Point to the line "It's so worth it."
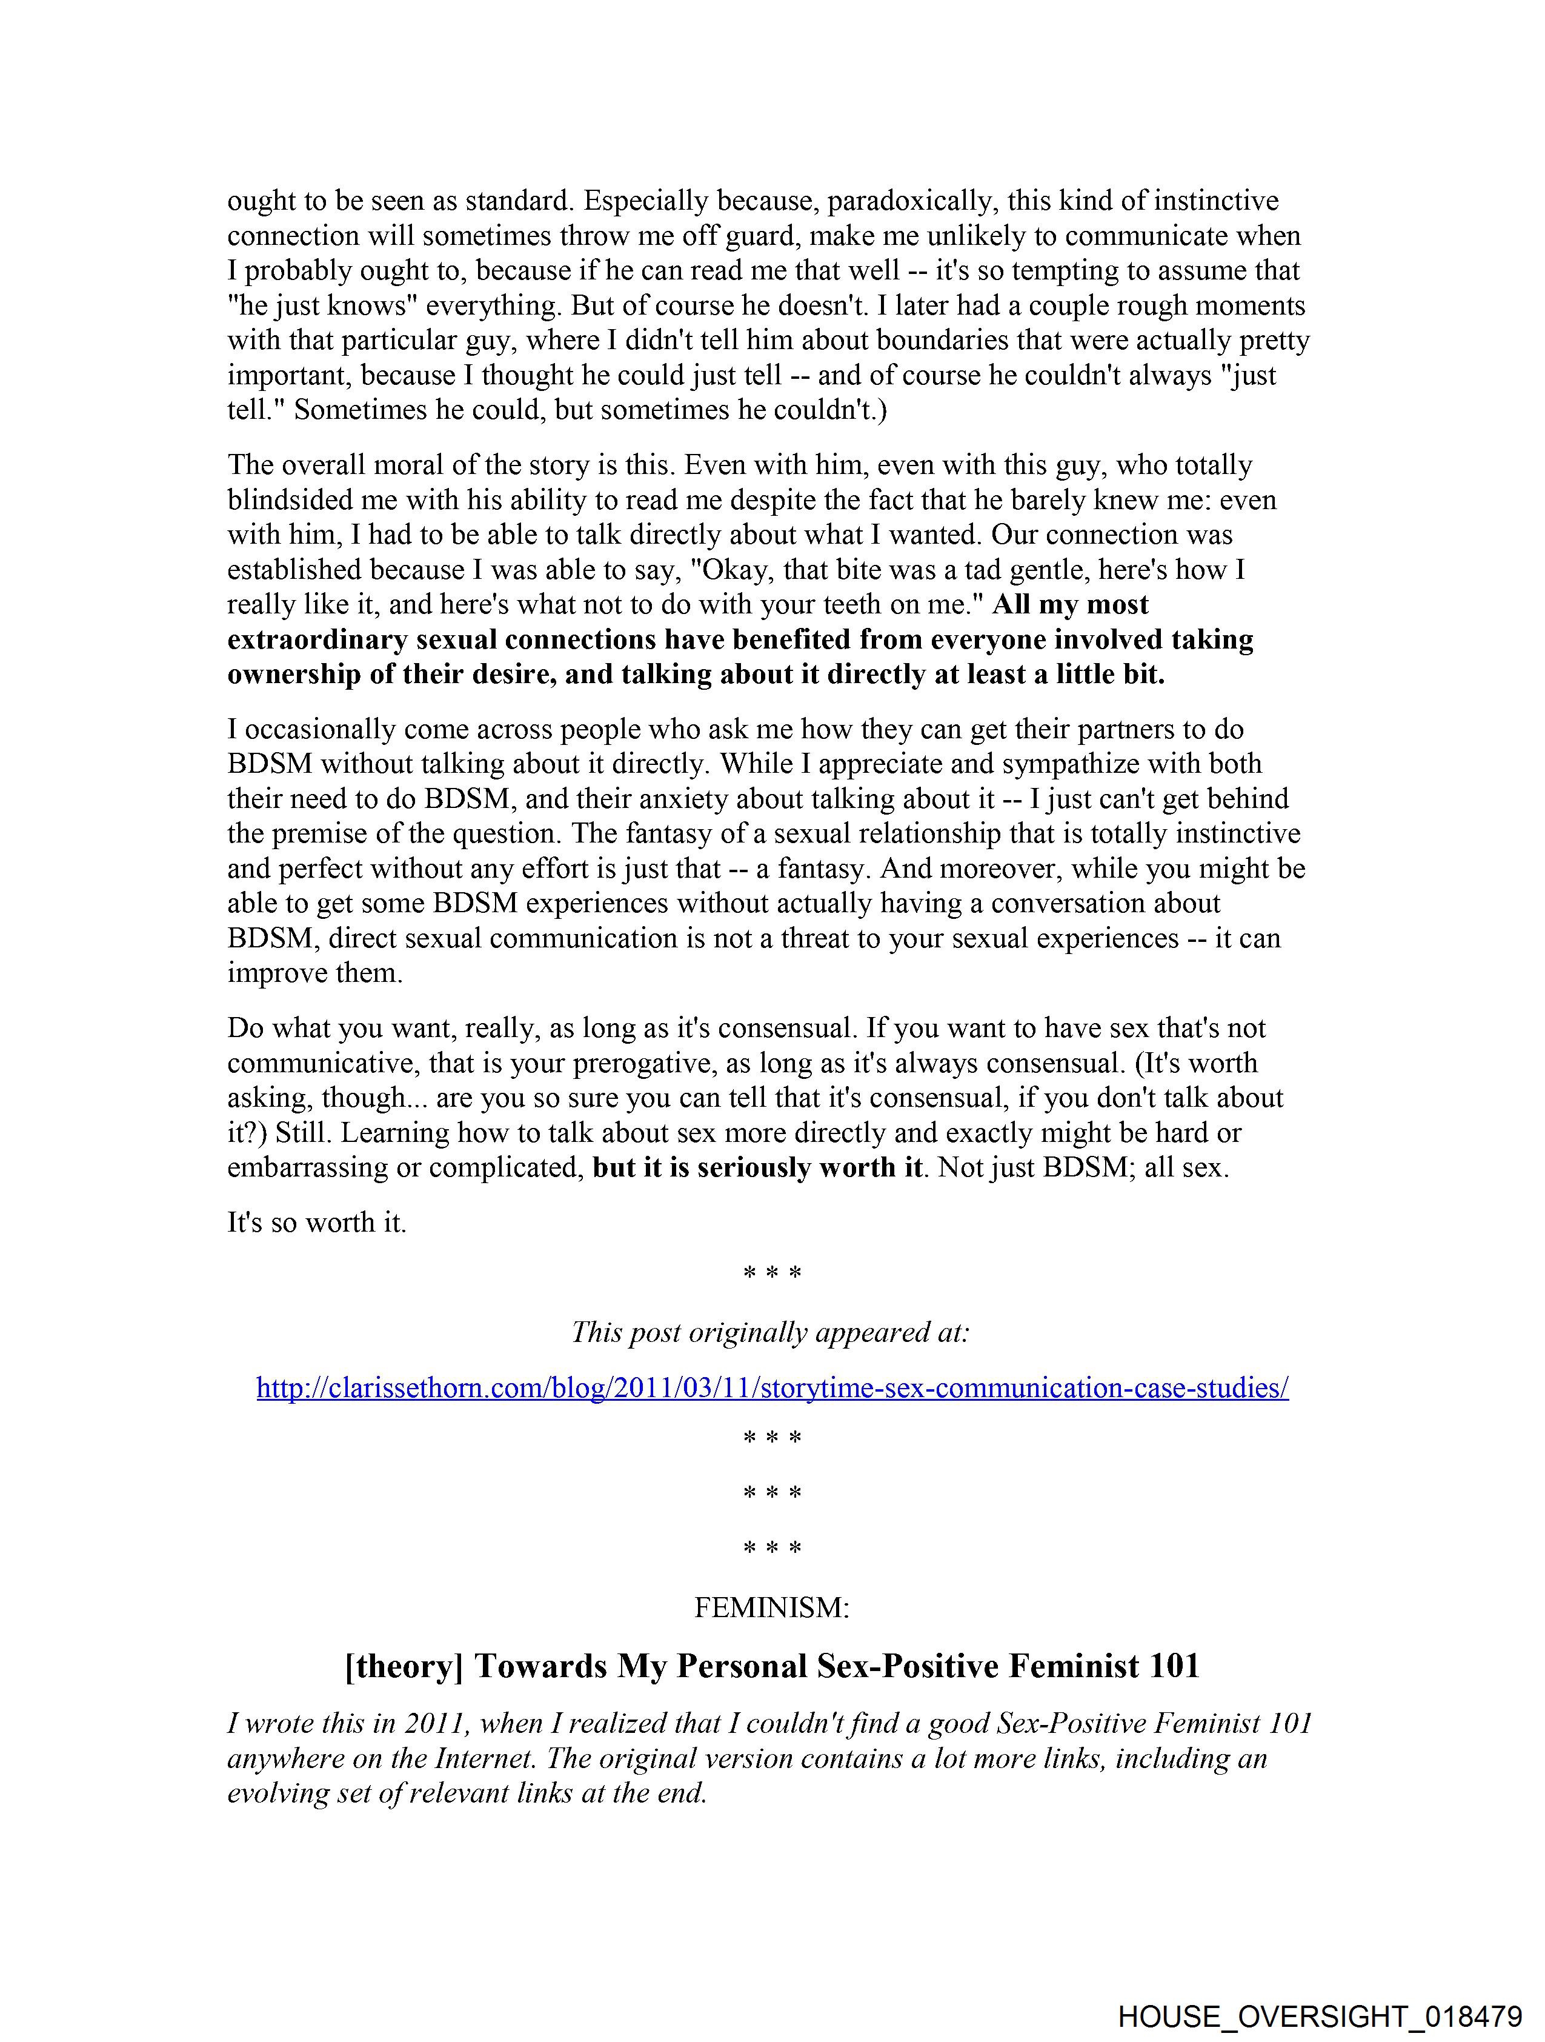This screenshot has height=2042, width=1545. coord(316,1223)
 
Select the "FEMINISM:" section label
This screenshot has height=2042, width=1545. coord(771,1608)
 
